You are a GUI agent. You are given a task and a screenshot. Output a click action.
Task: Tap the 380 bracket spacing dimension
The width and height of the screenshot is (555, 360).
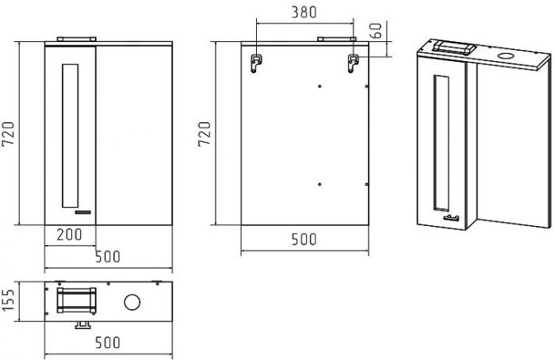[304, 12]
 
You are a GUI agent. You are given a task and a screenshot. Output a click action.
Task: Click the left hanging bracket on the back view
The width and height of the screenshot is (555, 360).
[255, 63]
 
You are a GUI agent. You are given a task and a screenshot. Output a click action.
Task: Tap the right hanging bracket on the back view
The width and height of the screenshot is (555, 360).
[353, 63]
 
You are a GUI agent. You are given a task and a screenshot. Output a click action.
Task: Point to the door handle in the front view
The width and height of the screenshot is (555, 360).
[83, 213]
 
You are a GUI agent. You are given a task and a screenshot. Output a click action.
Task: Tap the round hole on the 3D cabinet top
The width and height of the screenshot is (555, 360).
[505, 57]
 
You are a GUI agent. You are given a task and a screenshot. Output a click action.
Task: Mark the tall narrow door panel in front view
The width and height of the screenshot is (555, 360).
[70, 135]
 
